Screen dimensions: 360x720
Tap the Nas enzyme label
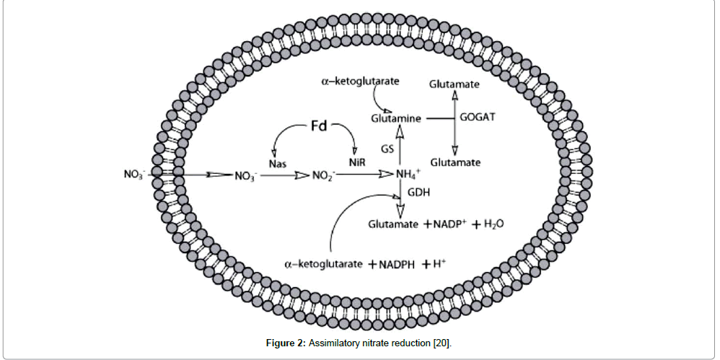[x=277, y=164]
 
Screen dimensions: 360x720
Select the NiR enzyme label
[x=356, y=164]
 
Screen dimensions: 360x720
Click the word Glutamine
[x=396, y=118]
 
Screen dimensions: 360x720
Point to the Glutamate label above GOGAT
[x=455, y=84]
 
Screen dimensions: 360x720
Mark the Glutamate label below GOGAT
[x=455, y=163]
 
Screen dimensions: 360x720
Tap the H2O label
[x=493, y=224]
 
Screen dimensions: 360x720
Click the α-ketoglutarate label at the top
[x=361, y=83]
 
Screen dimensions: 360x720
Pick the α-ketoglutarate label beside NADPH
[x=322, y=264]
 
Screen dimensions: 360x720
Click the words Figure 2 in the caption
[x=286, y=342]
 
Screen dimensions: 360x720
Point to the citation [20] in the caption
[x=442, y=342]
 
